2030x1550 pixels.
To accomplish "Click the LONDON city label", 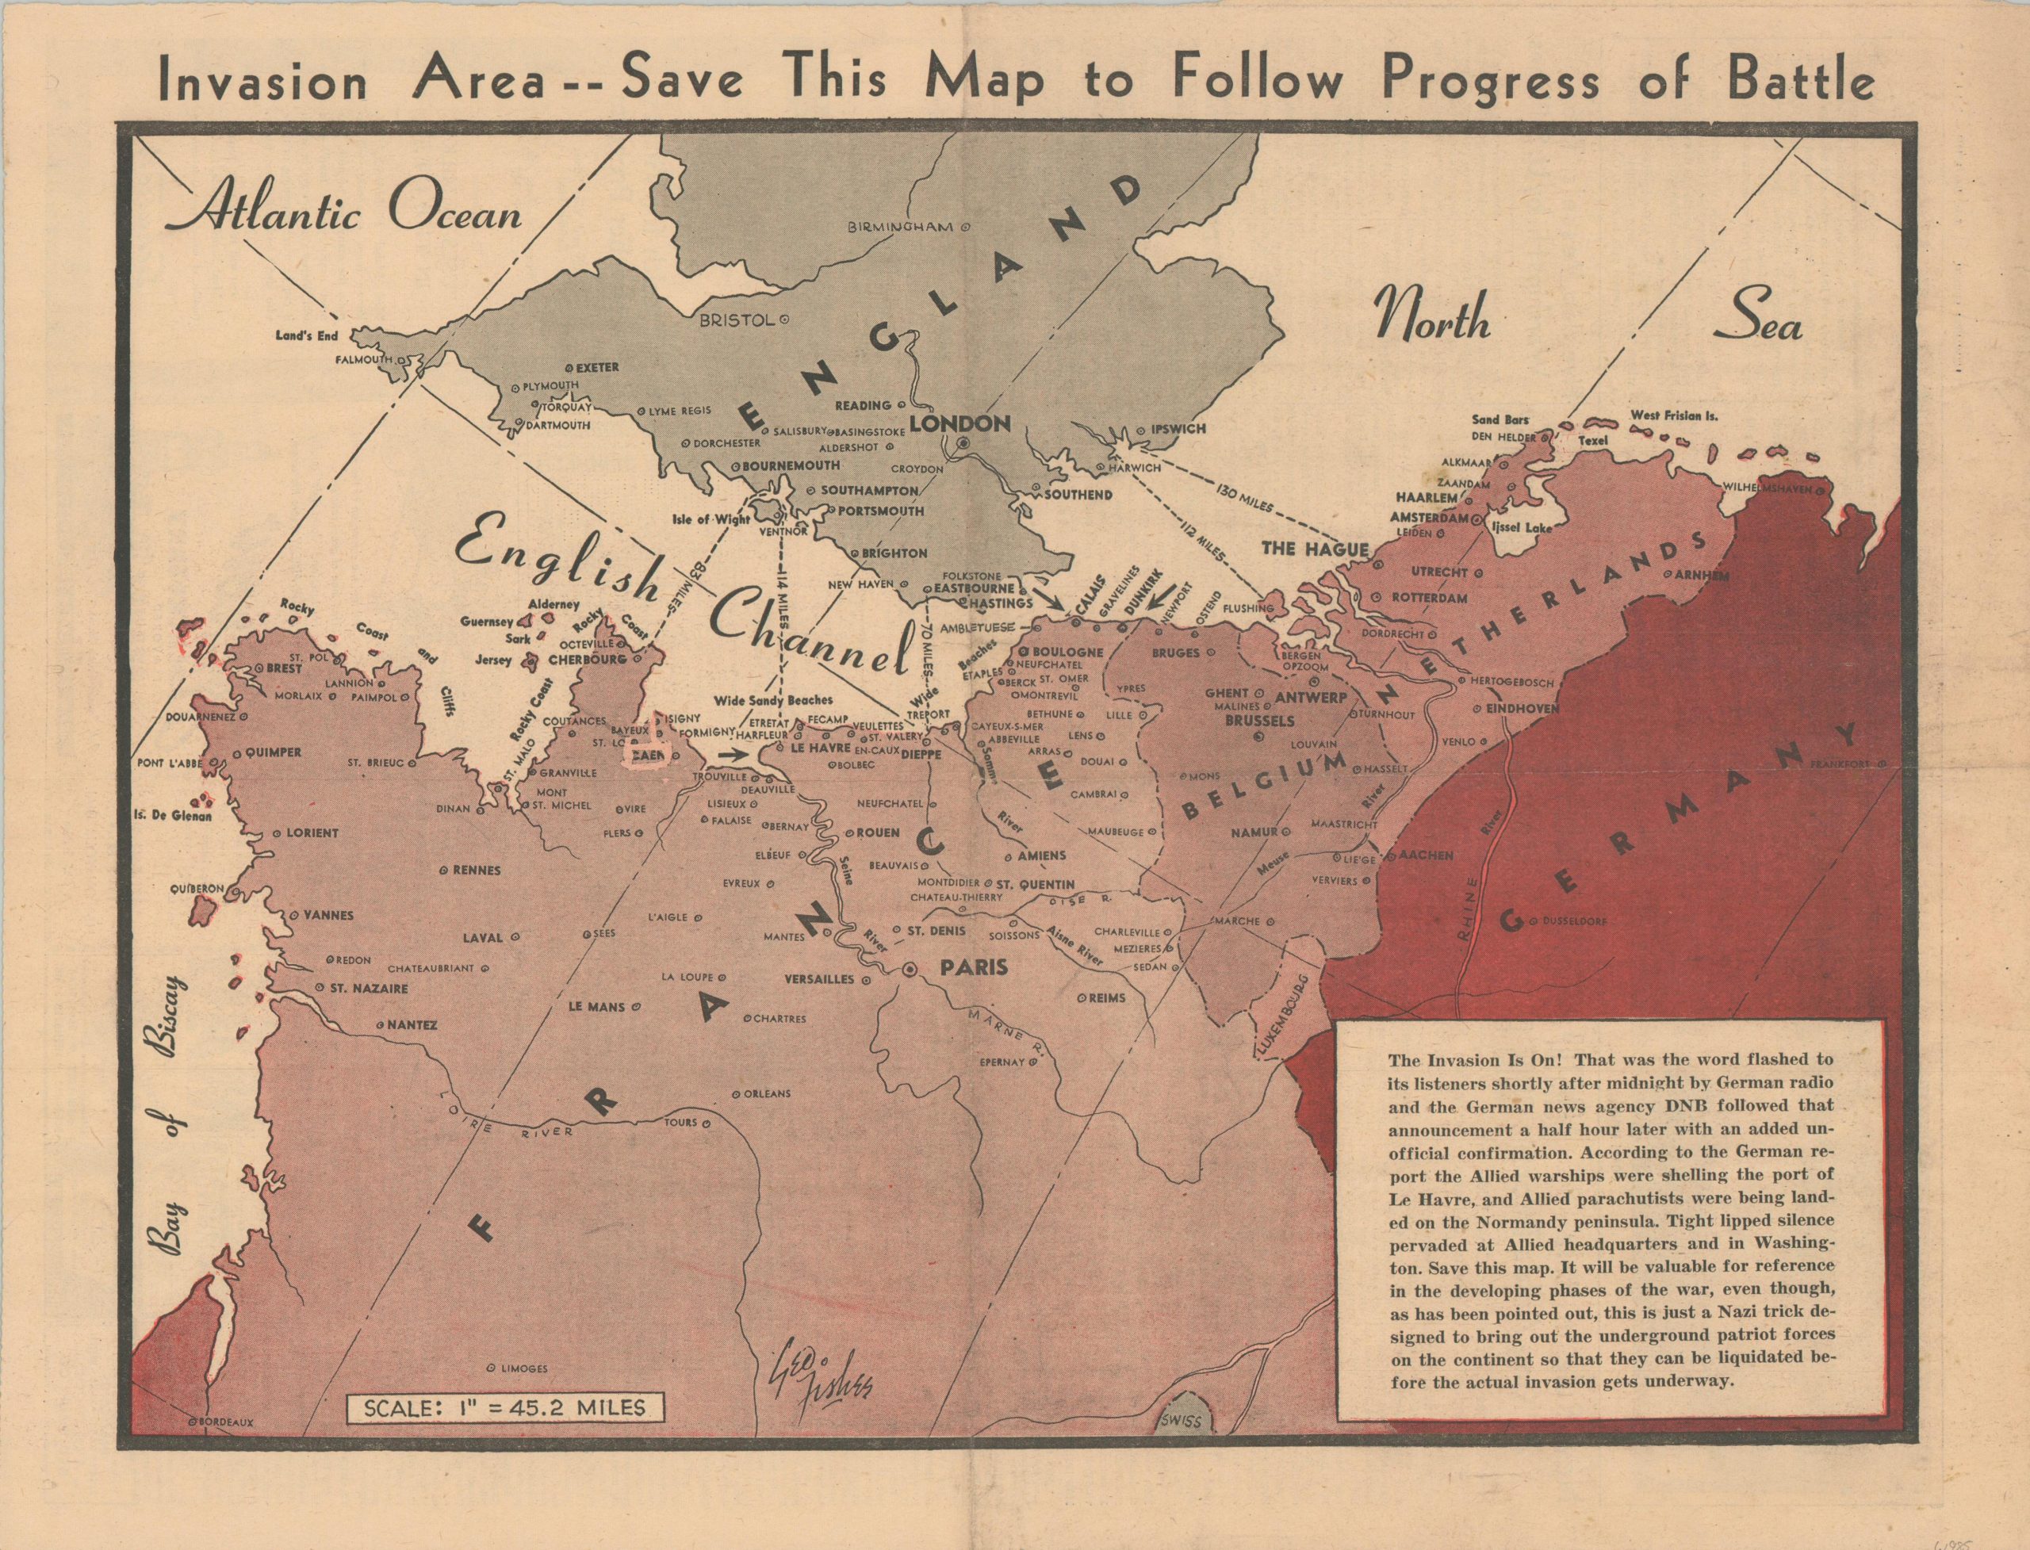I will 959,424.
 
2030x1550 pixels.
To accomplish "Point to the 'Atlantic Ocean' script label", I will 343,214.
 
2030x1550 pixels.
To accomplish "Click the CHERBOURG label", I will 587,660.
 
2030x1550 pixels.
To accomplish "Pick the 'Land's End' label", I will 307,336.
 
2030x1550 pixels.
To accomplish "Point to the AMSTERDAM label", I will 1427,519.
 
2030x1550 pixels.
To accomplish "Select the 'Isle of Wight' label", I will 711,519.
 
